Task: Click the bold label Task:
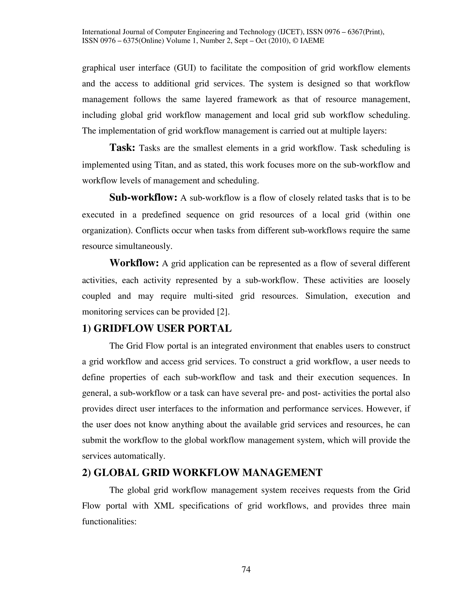[122, 148]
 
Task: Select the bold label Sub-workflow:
[143, 197]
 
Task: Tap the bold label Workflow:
[134, 263]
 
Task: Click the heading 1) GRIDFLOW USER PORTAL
[157, 328]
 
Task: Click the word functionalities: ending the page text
[109, 522]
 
